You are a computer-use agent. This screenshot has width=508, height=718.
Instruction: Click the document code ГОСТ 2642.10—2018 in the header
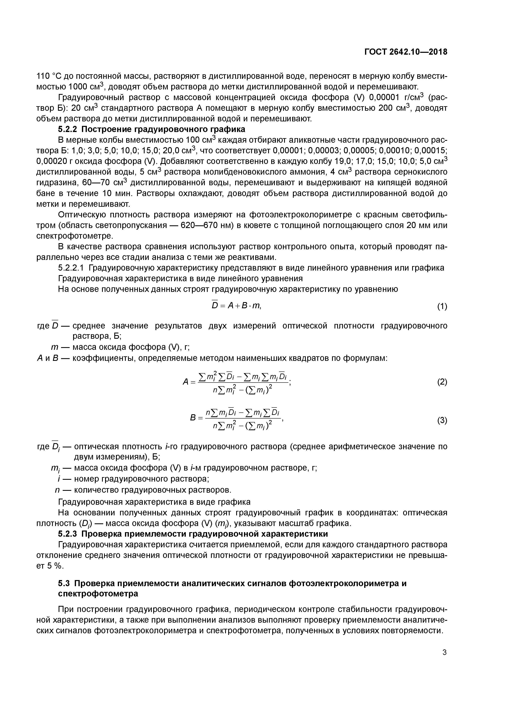click(x=406, y=52)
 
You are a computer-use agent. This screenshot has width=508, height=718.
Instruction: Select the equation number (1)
click(x=442, y=307)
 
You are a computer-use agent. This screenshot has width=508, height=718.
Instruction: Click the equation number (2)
click(x=442, y=382)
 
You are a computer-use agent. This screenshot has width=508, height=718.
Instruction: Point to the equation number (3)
click(x=442, y=421)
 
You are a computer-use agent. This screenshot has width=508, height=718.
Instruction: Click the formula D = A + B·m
click(x=236, y=306)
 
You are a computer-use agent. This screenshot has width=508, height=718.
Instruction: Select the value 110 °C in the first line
click(x=50, y=76)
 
